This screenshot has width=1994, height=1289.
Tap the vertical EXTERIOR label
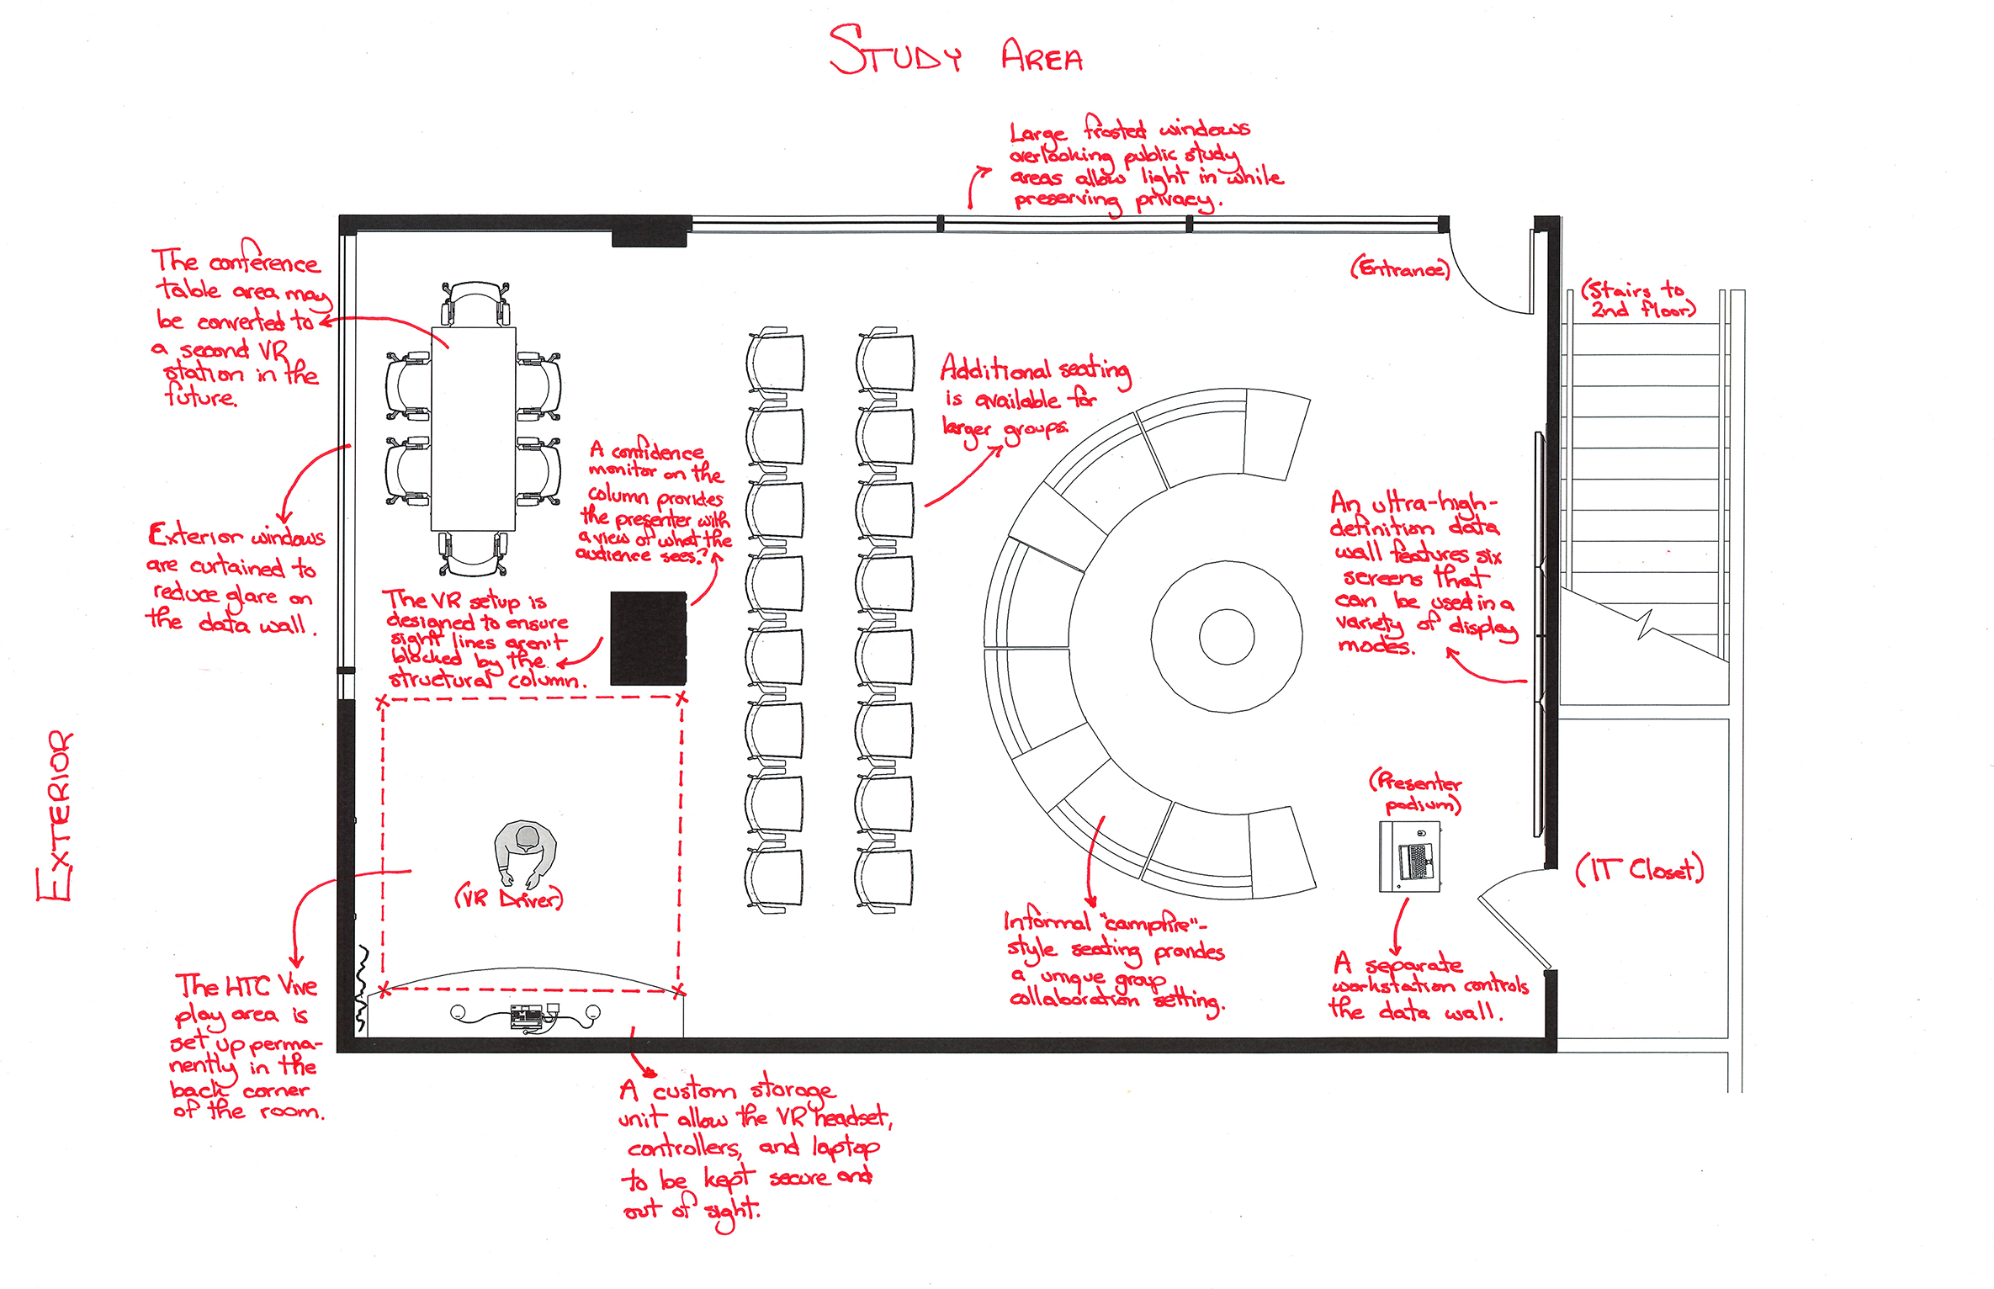click(56, 816)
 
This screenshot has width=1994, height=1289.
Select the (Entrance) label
click(1400, 269)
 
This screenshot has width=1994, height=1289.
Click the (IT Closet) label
click(1639, 869)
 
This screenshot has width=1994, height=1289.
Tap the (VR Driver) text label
click(509, 899)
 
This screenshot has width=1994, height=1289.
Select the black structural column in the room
click(648, 638)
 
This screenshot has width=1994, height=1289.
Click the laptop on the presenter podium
click(1414, 861)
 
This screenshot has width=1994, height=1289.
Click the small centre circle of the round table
click(1226, 637)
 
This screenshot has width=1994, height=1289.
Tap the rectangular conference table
click(473, 429)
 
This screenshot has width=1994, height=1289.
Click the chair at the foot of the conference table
click(473, 553)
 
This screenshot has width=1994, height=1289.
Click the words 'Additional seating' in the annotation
click(1035, 370)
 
